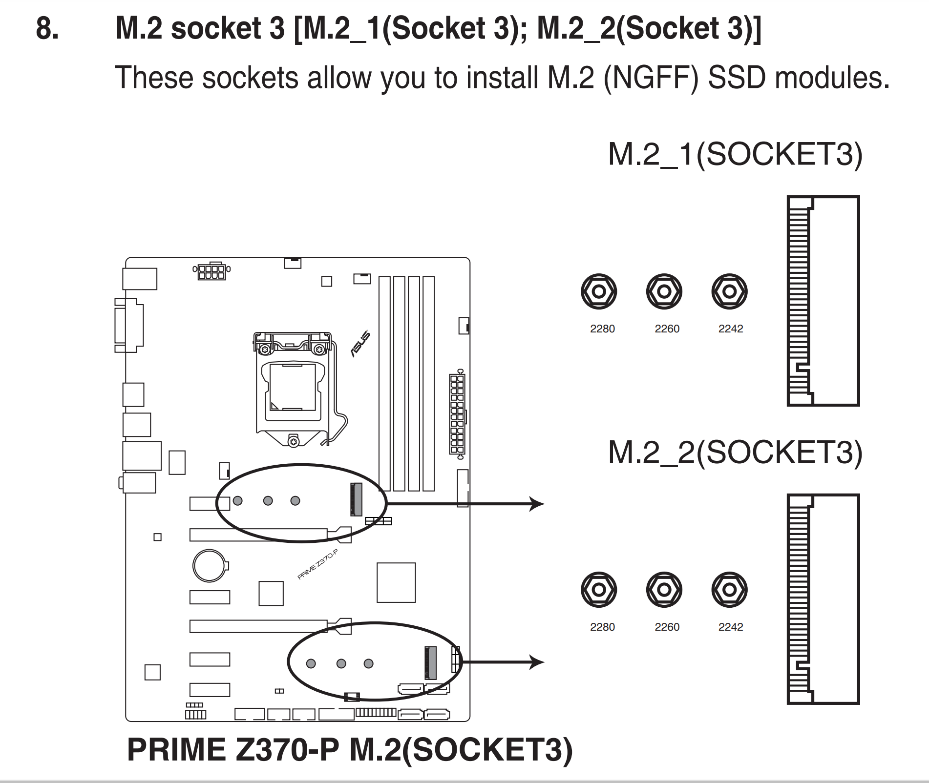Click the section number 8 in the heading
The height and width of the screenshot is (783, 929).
[x=47, y=28]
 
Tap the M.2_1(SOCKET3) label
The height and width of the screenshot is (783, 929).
[x=735, y=155]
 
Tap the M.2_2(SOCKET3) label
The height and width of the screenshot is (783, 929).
[x=735, y=453]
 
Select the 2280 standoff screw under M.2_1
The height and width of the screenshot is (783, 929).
[x=599, y=291]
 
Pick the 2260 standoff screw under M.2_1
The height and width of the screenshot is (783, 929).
[x=664, y=291]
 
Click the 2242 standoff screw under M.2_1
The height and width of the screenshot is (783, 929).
[x=729, y=291]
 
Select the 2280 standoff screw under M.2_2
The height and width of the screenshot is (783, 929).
[x=599, y=590]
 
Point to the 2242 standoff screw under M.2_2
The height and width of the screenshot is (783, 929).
[x=729, y=590]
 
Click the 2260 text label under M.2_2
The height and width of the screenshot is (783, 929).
[x=667, y=627]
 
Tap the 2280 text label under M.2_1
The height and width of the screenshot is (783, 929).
[x=602, y=329]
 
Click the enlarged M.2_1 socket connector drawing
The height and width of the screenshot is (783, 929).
[x=823, y=301]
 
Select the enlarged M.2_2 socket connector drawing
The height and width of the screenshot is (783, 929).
[x=823, y=599]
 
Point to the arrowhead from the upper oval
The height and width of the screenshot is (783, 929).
[x=537, y=503]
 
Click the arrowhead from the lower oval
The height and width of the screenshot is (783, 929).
[x=537, y=662]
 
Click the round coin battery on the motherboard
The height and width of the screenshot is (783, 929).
[x=210, y=566]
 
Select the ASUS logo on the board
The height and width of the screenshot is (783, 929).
[x=360, y=344]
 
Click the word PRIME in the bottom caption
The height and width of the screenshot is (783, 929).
[x=177, y=749]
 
